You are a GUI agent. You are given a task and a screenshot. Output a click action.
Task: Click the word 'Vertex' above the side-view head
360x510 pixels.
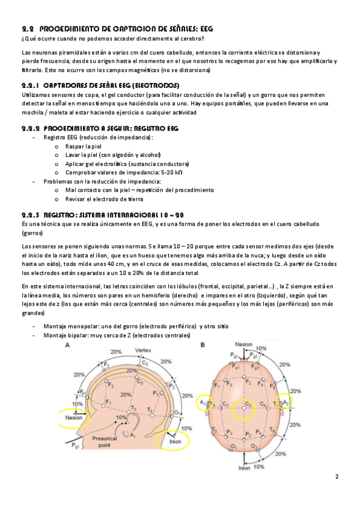[143, 350]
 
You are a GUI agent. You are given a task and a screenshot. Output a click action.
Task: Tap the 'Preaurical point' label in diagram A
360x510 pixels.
[105, 441]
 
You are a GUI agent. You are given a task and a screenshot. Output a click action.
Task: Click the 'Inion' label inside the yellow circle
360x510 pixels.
[175, 441]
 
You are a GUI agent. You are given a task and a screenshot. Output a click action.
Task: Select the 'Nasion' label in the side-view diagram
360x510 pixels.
[74, 417]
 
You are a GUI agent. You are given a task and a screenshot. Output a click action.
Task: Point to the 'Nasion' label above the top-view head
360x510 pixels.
[243, 344]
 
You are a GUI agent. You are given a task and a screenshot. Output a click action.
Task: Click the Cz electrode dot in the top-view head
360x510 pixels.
[244, 408]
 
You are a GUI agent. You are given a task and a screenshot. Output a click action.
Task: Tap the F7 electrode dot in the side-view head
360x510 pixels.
[103, 405]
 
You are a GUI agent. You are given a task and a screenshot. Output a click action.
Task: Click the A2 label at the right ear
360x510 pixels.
[285, 403]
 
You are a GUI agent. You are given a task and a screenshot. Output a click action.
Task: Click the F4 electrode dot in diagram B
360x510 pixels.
[263, 379]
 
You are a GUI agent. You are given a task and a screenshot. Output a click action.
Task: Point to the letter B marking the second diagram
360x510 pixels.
[203, 345]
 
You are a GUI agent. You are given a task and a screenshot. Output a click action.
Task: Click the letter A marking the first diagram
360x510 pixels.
[67, 345]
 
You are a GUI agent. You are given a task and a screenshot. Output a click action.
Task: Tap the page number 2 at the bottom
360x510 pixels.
[337, 477]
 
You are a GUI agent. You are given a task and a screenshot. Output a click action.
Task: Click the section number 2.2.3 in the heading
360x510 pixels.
[31, 215]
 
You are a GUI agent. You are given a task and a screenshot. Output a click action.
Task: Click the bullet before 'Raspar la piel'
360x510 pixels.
[57, 147]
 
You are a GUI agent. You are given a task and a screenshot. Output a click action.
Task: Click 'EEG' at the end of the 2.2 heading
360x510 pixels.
[207, 29]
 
